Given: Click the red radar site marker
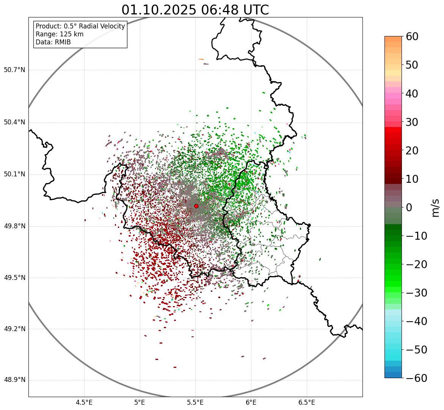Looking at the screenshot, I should (196, 206).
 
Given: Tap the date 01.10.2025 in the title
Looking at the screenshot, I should (159, 10).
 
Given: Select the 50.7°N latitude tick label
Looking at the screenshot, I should (14, 70).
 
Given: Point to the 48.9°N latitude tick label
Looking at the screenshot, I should (14, 380).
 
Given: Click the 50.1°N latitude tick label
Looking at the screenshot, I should (14, 174).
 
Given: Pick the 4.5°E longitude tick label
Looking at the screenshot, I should (84, 402).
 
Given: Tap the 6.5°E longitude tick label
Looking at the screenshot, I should (306, 402).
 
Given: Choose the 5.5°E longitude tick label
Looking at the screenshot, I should (195, 402).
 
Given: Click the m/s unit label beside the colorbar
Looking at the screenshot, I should (435, 207).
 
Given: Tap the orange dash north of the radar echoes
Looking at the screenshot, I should (201, 59).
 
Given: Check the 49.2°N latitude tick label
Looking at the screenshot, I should (14, 329).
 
